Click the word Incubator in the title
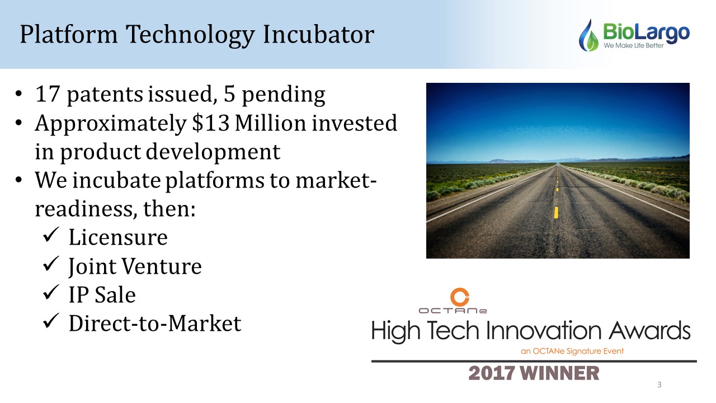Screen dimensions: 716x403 [x=318, y=34]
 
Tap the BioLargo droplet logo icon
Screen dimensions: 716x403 [x=589, y=35]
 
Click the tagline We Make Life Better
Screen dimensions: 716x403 [x=634, y=46]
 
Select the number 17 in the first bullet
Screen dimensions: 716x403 [x=48, y=94]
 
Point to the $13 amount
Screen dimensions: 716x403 [x=210, y=123]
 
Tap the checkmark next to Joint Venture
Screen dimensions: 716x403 [x=51, y=264]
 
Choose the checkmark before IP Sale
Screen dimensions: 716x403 [x=51, y=292]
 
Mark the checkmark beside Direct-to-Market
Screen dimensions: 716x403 [x=51, y=321]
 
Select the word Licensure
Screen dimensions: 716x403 [x=118, y=238]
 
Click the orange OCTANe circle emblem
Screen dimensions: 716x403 [x=460, y=297]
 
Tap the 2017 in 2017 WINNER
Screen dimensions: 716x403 [x=492, y=373]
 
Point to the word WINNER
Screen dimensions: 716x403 [x=560, y=373]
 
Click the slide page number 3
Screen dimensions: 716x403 [x=659, y=385]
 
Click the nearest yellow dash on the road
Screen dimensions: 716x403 [x=556, y=213]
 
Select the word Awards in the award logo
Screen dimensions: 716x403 [x=650, y=331]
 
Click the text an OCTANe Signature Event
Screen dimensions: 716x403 [x=572, y=351]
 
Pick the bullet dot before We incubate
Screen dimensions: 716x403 [x=18, y=180]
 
